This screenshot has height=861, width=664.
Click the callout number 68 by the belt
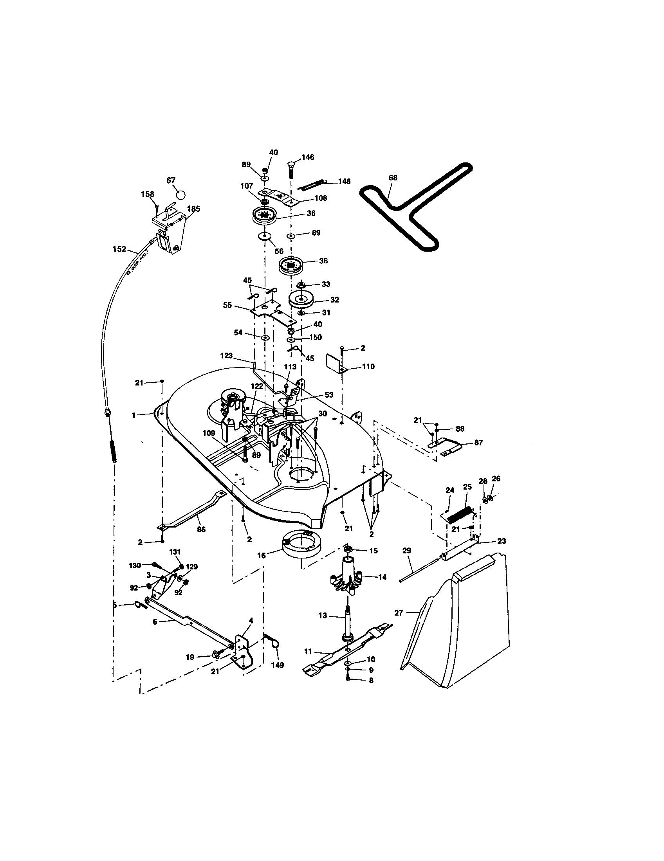[x=393, y=178]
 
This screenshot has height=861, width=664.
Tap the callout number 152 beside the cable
[x=119, y=249]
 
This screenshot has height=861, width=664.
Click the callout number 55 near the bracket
[x=227, y=306]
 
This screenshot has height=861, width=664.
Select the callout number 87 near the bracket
[x=478, y=443]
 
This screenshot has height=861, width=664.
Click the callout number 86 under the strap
[x=201, y=530]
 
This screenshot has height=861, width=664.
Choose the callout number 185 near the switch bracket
[x=193, y=209]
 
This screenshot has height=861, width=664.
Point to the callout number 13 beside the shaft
[x=323, y=615]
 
